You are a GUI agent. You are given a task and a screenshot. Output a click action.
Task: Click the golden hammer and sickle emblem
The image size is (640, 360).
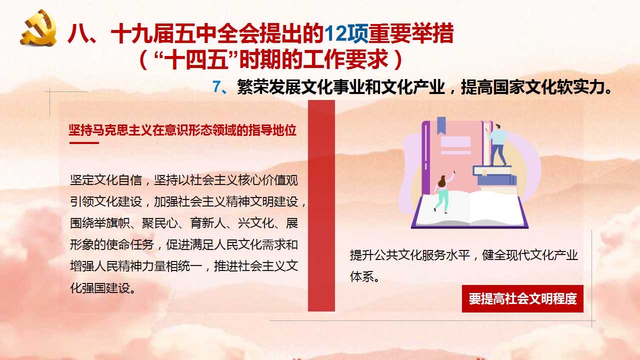click(x=38, y=27)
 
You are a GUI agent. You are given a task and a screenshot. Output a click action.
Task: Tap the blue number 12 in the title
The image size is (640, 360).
click(x=335, y=33)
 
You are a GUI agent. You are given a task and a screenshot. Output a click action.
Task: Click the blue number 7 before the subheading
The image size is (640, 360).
click(x=217, y=86)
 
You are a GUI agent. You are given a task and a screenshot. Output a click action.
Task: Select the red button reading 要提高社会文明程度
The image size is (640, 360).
click(x=522, y=298)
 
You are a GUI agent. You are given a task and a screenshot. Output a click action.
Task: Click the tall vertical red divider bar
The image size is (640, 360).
click(x=321, y=205)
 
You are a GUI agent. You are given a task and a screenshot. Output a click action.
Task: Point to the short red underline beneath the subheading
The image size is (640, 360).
click(x=84, y=143)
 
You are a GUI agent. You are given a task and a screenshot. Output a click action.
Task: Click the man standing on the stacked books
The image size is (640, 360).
click(x=498, y=144)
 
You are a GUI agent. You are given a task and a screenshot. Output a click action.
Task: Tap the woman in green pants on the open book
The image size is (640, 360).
click(x=443, y=193)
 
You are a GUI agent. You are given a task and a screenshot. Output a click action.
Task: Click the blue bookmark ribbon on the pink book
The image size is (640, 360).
click(x=441, y=125)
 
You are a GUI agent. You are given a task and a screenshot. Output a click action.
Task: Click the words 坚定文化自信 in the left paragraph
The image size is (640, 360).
click(x=106, y=180)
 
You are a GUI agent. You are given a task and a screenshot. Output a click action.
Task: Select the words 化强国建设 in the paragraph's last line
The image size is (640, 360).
click(x=100, y=288)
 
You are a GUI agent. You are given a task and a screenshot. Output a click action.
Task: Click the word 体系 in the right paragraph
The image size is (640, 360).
click(x=361, y=276)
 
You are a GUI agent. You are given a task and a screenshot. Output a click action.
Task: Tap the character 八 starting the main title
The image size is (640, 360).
click(x=77, y=33)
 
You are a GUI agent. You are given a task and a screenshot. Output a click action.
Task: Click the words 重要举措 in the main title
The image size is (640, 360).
click(x=410, y=33)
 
